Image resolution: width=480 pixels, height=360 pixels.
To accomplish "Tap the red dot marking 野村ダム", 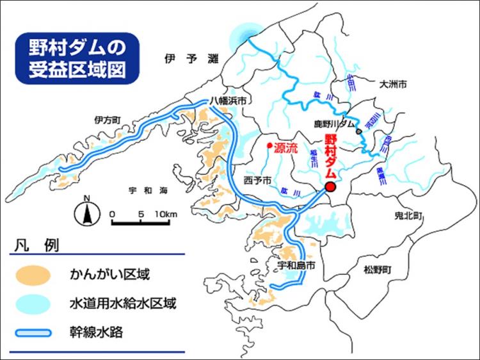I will (330, 186).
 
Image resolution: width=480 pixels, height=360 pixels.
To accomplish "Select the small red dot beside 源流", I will (269, 145).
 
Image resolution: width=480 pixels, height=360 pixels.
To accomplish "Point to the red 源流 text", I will (286, 147).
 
